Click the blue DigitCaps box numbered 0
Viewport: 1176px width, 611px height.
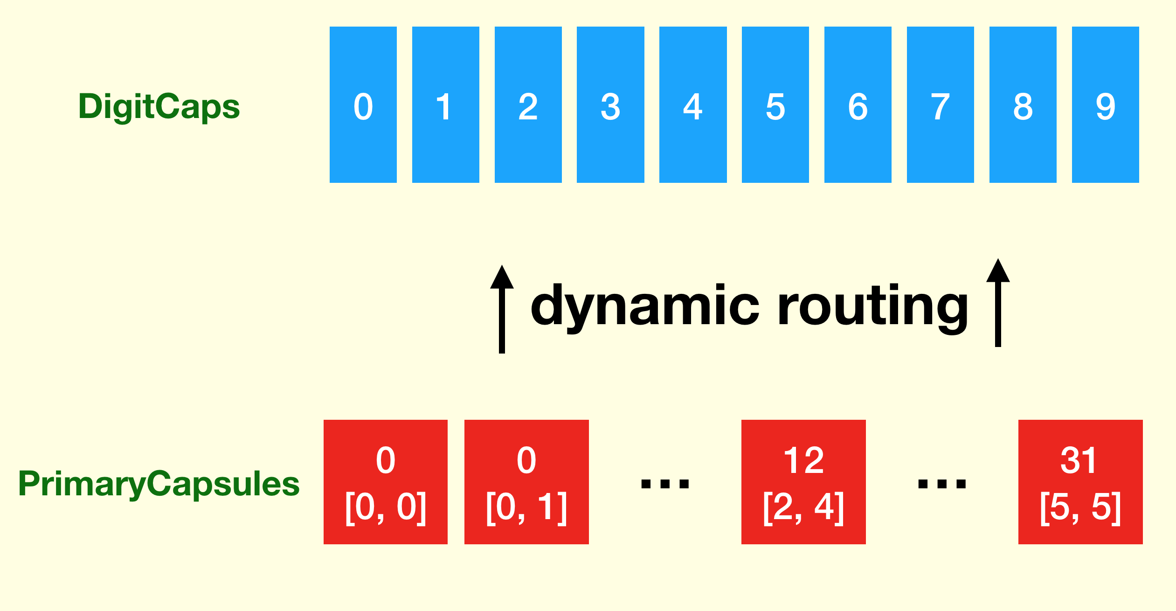click(363, 104)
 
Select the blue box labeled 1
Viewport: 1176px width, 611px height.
click(445, 104)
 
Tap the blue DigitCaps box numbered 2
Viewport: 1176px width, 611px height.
click(528, 104)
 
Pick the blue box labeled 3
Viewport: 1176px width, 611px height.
click(610, 104)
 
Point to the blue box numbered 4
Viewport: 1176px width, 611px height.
click(693, 104)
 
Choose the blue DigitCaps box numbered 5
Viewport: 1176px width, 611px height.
click(775, 104)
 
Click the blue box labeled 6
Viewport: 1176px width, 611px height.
click(858, 104)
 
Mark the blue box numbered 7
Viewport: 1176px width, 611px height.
click(940, 104)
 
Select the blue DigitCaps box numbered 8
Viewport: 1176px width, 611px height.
click(1023, 104)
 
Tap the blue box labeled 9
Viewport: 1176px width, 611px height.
click(1105, 104)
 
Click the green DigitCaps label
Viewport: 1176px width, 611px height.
click(159, 106)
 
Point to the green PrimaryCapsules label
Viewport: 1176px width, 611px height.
click(159, 484)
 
